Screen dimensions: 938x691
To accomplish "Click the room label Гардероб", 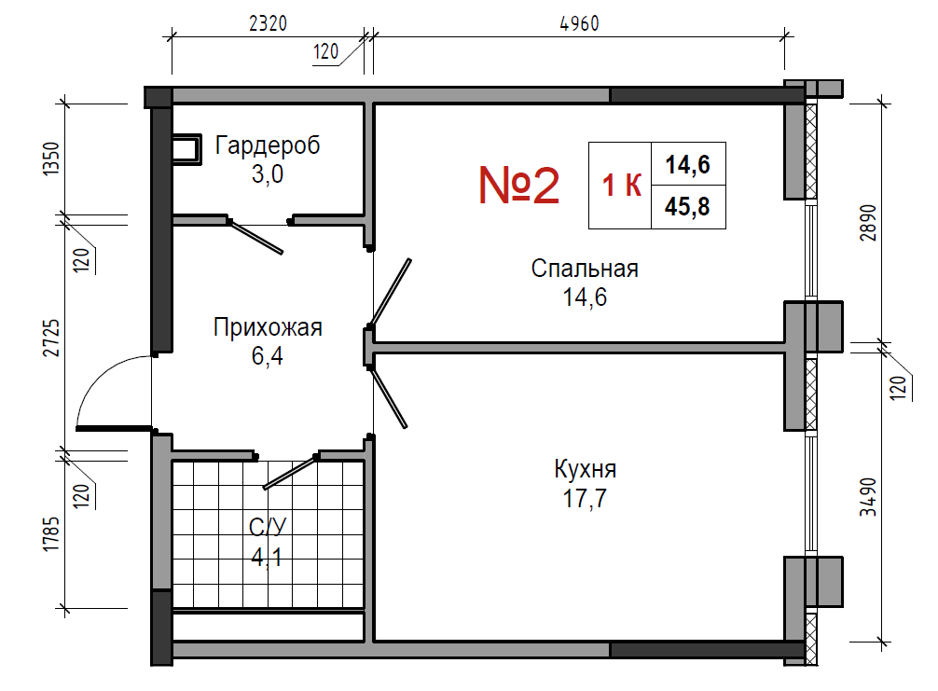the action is coord(268,145).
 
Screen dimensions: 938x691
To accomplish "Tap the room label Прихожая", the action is coord(268,327).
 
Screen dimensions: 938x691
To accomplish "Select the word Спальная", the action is coord(585,269).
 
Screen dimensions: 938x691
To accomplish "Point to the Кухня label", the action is coord(585,470).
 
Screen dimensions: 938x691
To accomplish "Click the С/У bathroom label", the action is coord(268,527).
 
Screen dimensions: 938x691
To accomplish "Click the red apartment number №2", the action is coord(518,186).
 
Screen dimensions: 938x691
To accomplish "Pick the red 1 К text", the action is coord(622,186).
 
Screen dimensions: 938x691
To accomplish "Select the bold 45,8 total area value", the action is coord(687,207).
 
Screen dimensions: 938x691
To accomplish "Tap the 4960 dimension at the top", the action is coord(579,23).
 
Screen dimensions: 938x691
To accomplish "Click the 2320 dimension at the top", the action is coord(268,23).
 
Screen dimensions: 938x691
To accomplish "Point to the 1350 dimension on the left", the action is coord(51,159).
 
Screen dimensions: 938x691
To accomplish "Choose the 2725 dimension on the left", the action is coord(51,338).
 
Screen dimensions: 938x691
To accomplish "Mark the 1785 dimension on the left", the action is coord(51,534).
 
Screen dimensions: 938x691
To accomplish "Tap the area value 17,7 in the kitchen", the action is coord(585,498).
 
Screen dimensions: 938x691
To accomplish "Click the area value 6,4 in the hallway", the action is coord(268,356).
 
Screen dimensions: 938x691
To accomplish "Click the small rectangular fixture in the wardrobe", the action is coord(186,149).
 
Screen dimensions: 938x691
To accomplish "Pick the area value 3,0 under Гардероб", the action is coord(268,174).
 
